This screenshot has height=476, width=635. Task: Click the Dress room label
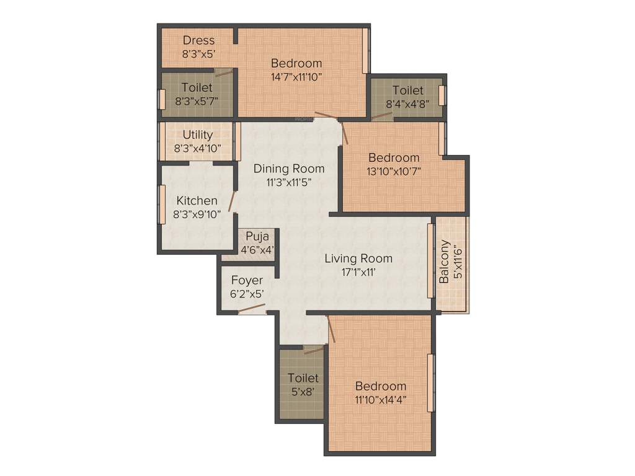(198, 41)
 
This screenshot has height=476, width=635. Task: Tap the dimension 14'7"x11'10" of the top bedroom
(296, 77)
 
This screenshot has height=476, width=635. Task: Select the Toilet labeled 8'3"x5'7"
(197, 94)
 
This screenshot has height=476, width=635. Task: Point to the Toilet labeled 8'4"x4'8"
(407, 97)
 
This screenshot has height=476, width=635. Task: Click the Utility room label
(198, 134)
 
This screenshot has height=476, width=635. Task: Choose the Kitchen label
(197, 201)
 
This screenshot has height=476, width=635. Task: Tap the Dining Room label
(289, 169)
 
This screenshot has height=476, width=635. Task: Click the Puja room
(257, 242)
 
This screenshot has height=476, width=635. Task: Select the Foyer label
(247, 281)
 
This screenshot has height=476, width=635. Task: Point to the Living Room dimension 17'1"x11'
(358, 272)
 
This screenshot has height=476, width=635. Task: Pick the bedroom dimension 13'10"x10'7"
(393, 172)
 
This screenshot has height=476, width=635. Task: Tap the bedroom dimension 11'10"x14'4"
(381, 400)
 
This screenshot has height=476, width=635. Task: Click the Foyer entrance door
(252, 309)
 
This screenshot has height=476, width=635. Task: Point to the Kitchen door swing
(232, 201)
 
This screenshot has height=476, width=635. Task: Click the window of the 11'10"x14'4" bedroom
(430, 382)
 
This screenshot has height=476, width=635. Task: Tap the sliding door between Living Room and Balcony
(430, 260)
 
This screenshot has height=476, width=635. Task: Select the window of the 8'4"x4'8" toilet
(442, 95)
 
